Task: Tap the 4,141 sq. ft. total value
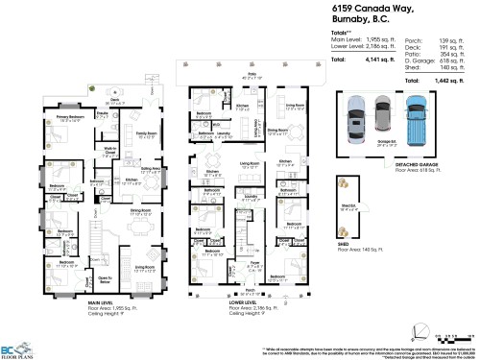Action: pyautogui.click(x=377, y=60)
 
